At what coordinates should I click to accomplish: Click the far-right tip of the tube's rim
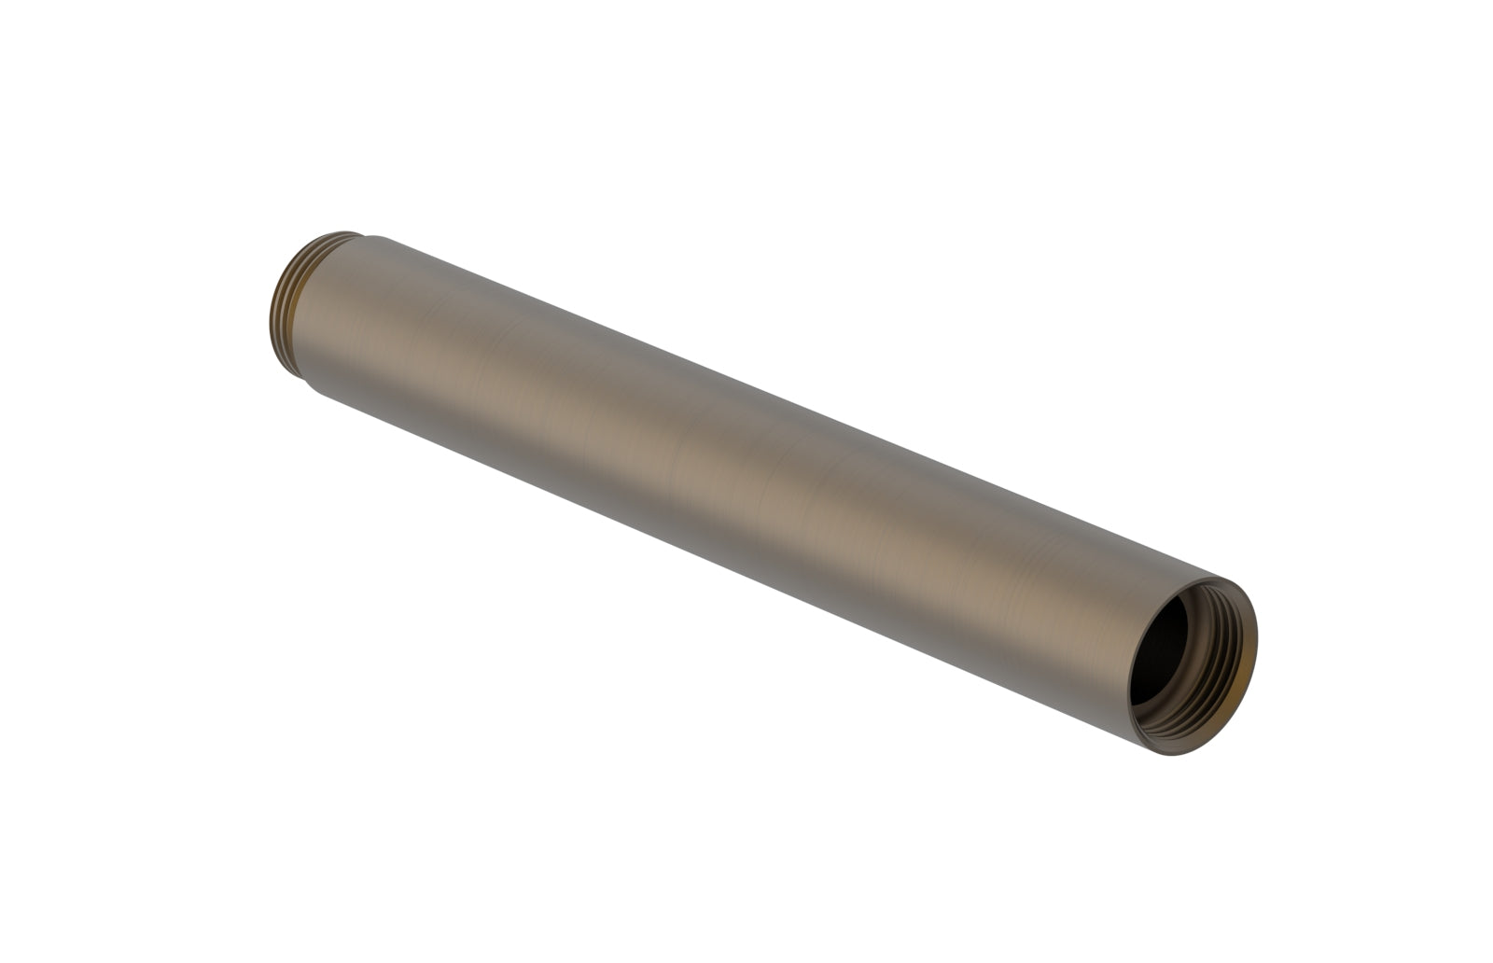(1257, 644)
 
